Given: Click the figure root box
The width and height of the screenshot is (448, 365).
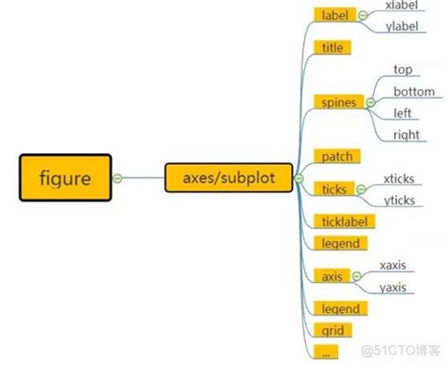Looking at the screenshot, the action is tap(65, 178).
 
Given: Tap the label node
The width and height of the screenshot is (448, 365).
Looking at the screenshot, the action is tap(335, 15).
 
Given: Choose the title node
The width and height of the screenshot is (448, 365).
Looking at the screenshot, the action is tap(333, 47).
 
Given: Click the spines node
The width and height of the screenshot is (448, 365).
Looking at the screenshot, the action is tap(338, 101).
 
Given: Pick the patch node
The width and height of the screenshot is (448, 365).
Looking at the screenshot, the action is tap(337, 156).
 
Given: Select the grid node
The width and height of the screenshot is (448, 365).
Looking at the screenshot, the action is tap(331, 332).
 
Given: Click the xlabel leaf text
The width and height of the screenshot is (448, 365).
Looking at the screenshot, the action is tap(405, 6).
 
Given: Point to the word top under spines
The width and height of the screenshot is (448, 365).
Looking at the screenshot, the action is tap(404, 69).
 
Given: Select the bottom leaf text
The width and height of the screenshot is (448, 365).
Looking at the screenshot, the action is tap(414, 92).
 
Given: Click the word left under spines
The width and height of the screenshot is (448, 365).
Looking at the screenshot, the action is tap(403, 113).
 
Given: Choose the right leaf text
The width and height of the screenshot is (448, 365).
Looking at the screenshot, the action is tap(405, 135).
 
